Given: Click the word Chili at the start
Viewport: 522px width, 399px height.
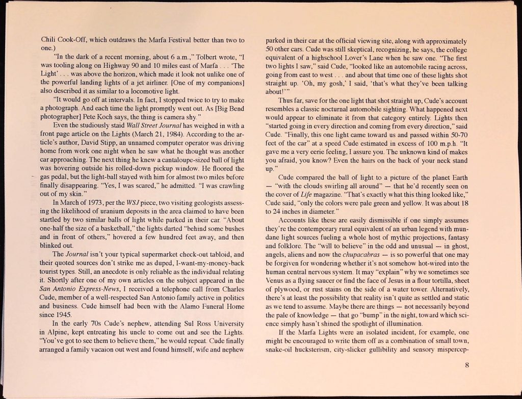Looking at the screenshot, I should coord(48,40).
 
